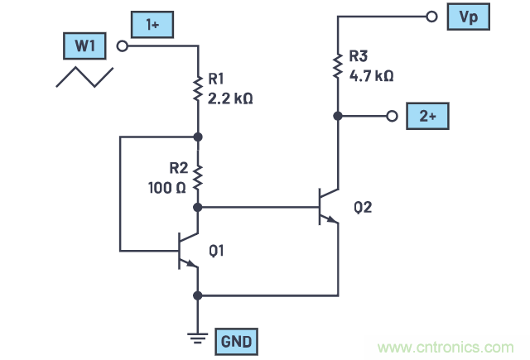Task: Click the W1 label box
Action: (x=85, y=46)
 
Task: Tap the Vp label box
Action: (x=470, y=16)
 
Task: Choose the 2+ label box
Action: (x=427, y=117)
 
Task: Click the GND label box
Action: (x=235, y=339)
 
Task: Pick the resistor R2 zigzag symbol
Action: (x=198, y=175)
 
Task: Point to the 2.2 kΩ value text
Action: (x=230, y=97)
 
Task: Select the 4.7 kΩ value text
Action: (x=371, y=74)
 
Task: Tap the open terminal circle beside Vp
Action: (x=430, y=16)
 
